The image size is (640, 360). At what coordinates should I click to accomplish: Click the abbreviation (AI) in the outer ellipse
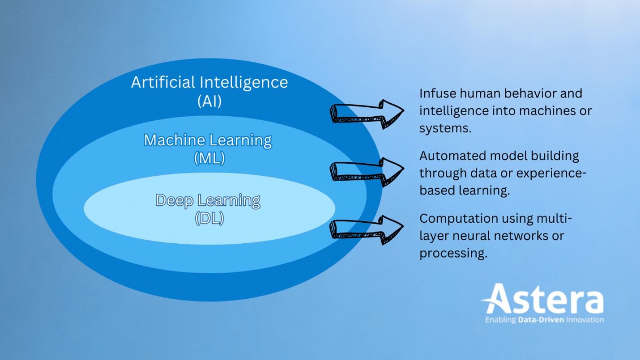click(209, 102)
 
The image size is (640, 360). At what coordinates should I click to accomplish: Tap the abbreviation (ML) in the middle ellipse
click(209, 158)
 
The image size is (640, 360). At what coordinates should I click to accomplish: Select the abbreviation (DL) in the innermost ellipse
click(209, 218)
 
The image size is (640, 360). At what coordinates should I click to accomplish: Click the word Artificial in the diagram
click(163, 82)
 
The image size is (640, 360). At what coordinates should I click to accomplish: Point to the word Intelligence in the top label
click(244, 82)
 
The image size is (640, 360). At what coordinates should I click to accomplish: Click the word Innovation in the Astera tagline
click(585, 320)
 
